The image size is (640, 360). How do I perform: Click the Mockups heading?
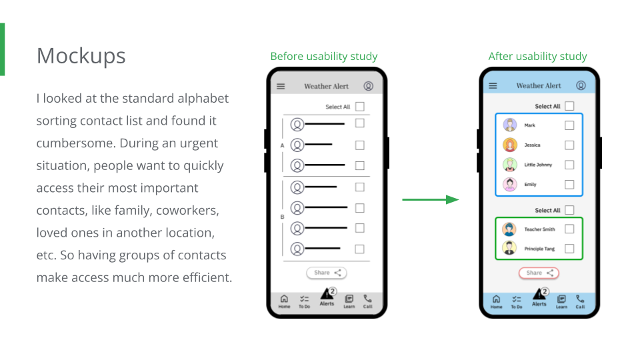[x=81, y=56]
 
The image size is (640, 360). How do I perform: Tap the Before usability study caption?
[x=324, y=57]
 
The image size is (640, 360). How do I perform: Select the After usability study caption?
[x=537, y=57]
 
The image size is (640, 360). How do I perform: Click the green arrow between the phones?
[x=431, y=199]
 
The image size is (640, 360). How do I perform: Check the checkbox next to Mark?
[x=569, y=125]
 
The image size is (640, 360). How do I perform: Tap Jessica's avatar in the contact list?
[x=510, y=145]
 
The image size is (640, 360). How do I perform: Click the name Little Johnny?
[x=538, y=165]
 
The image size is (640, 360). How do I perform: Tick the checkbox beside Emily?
[x=569, y=185]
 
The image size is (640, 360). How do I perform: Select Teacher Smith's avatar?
[x=510, y=229]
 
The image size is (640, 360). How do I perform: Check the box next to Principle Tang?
[x=569, y=249]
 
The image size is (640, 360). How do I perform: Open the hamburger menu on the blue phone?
[x=493, y=86]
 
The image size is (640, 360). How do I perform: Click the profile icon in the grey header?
[x=369, y=86]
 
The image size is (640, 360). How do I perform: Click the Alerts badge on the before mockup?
[x=333, y=291]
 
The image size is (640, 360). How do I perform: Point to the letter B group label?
[x=282, y=217]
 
